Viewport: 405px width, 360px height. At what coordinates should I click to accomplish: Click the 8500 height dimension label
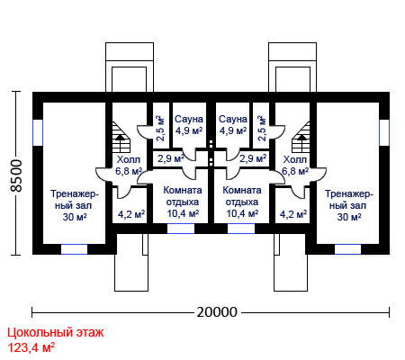click(x=16, y=175)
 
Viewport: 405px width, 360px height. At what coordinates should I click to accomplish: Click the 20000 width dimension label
click(x=217, y=312)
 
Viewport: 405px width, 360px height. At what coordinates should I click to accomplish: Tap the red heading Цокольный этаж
click(x=56, y=333)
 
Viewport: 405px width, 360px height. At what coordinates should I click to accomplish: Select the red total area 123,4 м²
click(x=31, y=348)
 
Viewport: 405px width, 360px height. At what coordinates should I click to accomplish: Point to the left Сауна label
click(x=189, y=119)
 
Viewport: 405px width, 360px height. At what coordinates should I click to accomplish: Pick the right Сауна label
click(x=233, y=119)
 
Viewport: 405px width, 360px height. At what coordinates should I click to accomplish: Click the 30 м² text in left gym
click(x=75, y=217)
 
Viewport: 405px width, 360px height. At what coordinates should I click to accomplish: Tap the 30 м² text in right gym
click(x=349, y=217)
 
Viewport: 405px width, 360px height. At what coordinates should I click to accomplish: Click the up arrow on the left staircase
click(x=121, y=138)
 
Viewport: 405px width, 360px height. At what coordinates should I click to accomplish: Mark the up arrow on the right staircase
click(x=302, y=138)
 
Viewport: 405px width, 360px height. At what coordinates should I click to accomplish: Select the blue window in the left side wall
click(x=38, y=132)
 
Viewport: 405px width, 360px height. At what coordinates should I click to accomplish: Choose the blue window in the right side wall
click(x=384, y=132)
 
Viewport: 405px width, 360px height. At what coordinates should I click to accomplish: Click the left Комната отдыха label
click(x=183, y=196)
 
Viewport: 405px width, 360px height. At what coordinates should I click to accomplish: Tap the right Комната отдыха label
click(x=242, y=196)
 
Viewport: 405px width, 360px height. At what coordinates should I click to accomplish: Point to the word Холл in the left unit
click(x=129, y=159)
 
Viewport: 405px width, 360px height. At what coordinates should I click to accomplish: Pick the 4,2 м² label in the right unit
click(x=293, y=214)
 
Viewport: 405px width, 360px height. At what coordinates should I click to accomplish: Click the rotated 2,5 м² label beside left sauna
click(x=161, y=128)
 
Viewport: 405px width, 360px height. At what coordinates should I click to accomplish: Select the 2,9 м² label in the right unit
click(x=253, y=158)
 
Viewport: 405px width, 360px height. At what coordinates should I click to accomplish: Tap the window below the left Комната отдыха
click(x=181, y=229)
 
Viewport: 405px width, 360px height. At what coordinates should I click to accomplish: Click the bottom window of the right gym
click(x=347, y=249)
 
